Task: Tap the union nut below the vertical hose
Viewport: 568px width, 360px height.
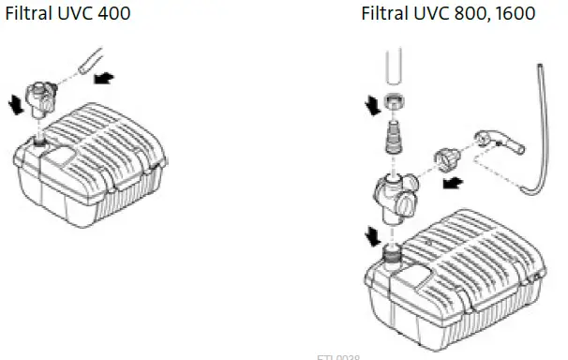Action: click(395, 103)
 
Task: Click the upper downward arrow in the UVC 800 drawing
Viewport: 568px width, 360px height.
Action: click(372, 104)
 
